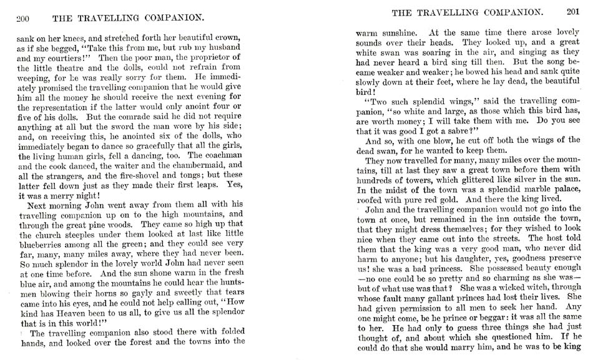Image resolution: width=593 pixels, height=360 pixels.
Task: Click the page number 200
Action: [24, 18]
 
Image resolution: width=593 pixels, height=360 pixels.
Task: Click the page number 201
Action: [573, 11]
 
